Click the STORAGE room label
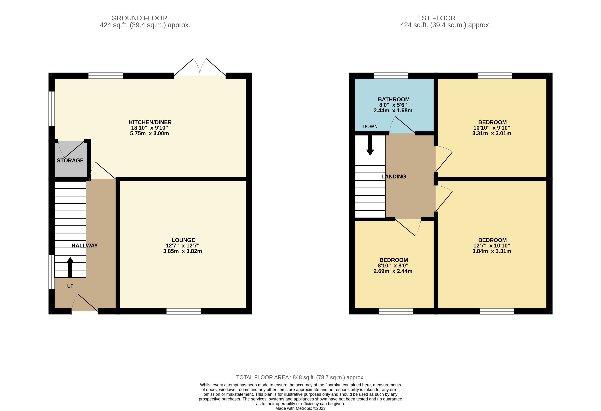[70, 161]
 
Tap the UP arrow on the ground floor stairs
[70, 267]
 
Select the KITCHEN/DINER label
[150, 122]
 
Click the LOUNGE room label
[183, 240]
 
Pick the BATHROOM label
[394, 100]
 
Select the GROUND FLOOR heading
[139, 18]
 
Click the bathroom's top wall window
[391, 76]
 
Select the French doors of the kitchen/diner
[200, 67]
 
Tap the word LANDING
[394, 177]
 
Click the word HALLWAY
[84, 246]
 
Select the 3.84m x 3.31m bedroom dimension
[492, 251]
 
